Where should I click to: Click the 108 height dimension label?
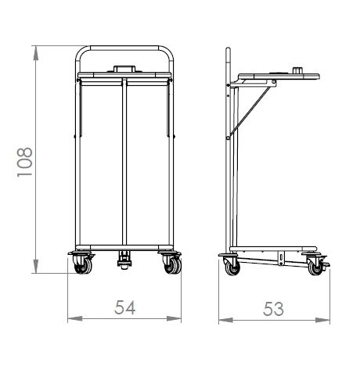point(25,162)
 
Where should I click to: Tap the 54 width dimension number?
point(125,307)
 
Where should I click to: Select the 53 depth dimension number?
point(273,309)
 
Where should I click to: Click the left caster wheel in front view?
point(83,265)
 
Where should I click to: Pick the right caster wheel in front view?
point(172,265)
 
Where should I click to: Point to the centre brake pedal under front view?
point(124,260)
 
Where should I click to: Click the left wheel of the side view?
point(232,267)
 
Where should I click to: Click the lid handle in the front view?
point(124,69)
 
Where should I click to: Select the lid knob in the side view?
point(297,70)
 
